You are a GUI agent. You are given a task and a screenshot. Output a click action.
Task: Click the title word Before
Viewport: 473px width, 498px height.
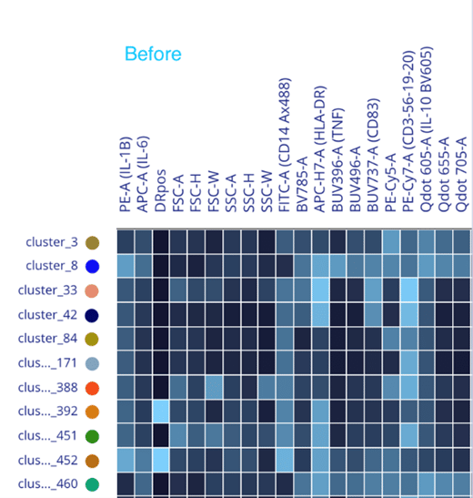(153, 54)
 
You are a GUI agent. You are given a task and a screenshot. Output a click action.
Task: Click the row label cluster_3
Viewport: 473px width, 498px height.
(52, 242)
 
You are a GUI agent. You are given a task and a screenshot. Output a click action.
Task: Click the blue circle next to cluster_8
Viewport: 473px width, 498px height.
(92, 267)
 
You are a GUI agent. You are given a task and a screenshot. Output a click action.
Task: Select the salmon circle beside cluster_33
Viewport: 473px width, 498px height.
(92, 290)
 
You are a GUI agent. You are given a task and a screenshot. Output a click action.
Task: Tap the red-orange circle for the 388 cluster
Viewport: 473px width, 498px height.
(92, 388)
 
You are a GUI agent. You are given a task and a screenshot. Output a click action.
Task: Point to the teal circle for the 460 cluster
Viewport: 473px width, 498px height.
(92, 484)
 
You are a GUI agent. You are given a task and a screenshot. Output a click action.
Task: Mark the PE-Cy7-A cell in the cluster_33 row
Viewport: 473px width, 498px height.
(408, 290)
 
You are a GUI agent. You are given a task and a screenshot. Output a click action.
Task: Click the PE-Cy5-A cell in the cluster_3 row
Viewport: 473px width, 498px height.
(391, 242)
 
